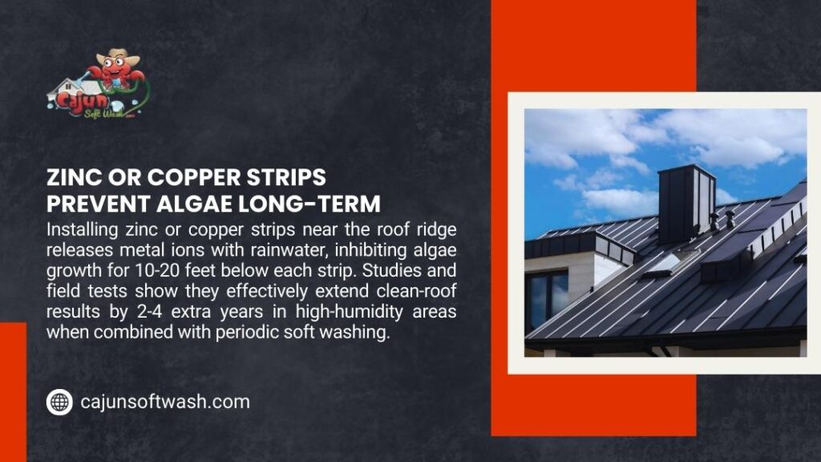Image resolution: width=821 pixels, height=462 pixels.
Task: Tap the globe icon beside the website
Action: (59, 401)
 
